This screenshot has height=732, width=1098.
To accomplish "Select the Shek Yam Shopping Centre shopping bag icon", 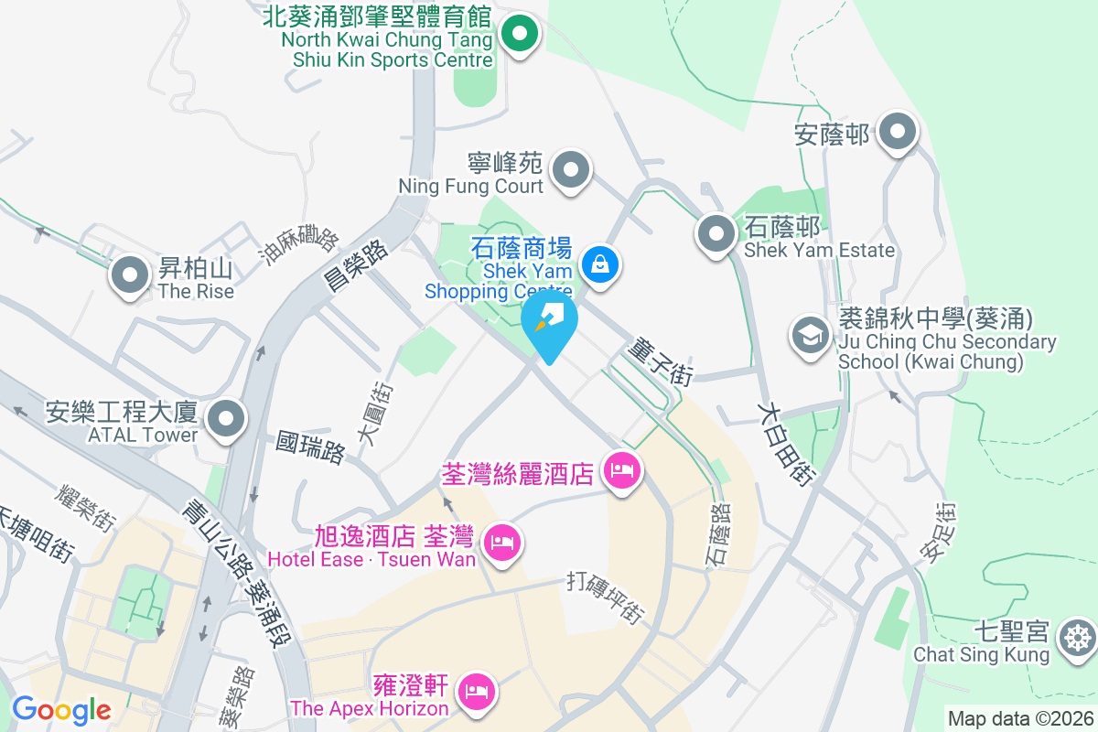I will point(600,266).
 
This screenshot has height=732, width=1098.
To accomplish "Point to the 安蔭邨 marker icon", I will point(898,133).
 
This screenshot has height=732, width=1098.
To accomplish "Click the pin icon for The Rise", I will point(130,275).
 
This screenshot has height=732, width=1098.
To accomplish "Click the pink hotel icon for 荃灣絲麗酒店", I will point(623,472).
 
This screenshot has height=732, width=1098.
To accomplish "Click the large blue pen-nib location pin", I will point(550,323).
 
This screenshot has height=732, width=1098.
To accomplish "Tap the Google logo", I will point(61,710).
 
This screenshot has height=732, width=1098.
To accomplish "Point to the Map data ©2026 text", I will point(1019,719).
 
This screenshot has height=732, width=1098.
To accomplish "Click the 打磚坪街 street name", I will point(607,598).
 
